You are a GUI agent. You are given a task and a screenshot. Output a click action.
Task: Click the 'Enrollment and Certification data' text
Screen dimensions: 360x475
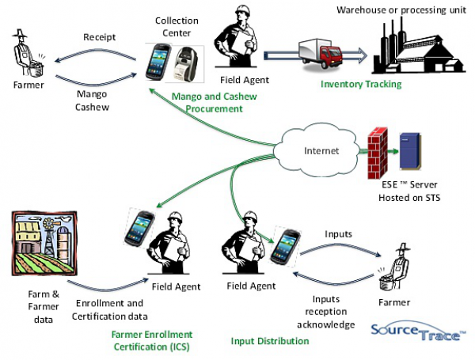point(108,309)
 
